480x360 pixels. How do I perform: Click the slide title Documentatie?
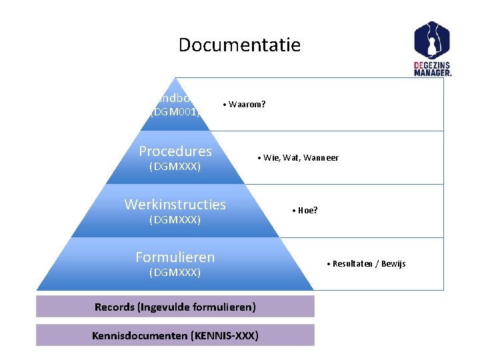(239, 45)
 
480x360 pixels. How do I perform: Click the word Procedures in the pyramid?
(175, 151)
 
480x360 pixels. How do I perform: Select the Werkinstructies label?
(175, 205)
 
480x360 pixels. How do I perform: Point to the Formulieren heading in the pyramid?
(175, 257)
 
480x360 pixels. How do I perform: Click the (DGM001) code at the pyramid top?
(175, 112)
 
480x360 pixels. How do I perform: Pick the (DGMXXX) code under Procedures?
(175, 166)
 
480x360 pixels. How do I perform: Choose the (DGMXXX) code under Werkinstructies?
(175, 219)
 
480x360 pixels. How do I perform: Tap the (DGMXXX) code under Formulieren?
(175, 272)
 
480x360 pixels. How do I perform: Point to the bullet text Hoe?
(307, 211)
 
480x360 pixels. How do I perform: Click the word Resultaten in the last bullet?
(352, 264)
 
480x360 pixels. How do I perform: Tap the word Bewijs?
(392, 264)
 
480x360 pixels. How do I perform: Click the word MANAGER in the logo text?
(433, 73)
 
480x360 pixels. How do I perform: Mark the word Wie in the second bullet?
(271, 158)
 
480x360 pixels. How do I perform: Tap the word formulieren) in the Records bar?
(223, 307)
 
